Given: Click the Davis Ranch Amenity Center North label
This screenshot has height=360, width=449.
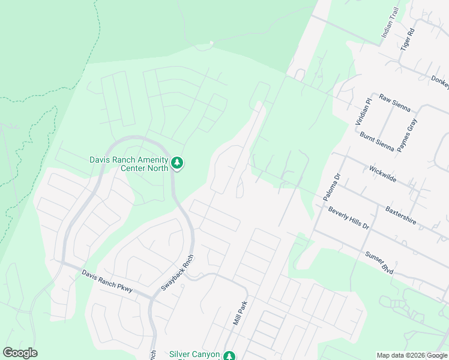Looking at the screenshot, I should pyautogui.click(x=128, y=164).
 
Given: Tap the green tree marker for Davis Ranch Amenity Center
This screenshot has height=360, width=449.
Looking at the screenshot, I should pyautogui.click(x=177, y=163).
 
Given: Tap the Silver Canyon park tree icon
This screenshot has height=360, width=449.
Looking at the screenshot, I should pyautogui.click(x=229, y=356).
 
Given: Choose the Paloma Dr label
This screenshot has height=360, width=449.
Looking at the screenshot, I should pyautogui.click(x=331, y=187).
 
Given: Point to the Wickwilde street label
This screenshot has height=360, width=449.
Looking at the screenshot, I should pyautogui.click(x=383, y=175).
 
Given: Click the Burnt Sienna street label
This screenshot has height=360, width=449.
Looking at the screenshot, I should pyautogui.click(x=377, y=142).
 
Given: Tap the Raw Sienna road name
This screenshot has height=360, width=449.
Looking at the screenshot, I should pyautogui.click(x=394, y=103).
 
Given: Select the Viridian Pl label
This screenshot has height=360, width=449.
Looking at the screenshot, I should pyautogui.click(x=360, y=110).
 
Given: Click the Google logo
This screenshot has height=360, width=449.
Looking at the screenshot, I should pyautogui.click(x=20, y=353).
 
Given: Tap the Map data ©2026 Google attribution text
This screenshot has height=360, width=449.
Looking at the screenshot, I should pyautogui.click(x=411, y=355).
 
